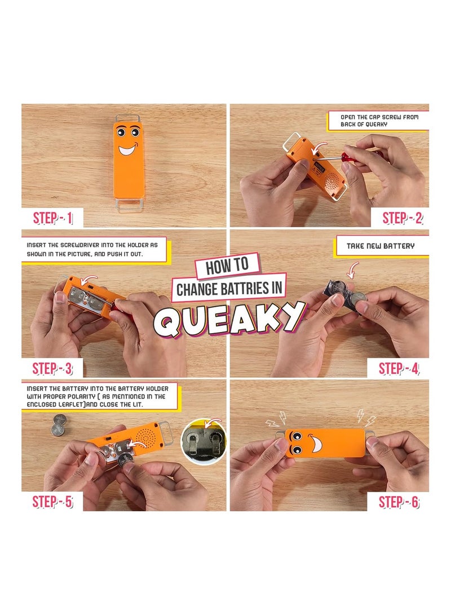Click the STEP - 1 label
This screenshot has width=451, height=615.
tap(52, 218)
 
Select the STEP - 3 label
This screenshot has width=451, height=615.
tap(52, 369)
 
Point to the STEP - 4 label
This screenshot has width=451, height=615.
tap(399, 369)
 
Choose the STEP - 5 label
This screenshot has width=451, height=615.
tap(52, 502)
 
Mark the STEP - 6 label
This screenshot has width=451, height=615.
tap(399, 502)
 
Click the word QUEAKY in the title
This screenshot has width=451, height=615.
tap(229, 320)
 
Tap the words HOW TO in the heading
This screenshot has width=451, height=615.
tap(227, 266)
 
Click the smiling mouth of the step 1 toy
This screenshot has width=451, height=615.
tap(128, 149)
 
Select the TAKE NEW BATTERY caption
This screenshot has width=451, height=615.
tap(381, 246)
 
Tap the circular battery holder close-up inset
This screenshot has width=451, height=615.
tap(204, 441)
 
